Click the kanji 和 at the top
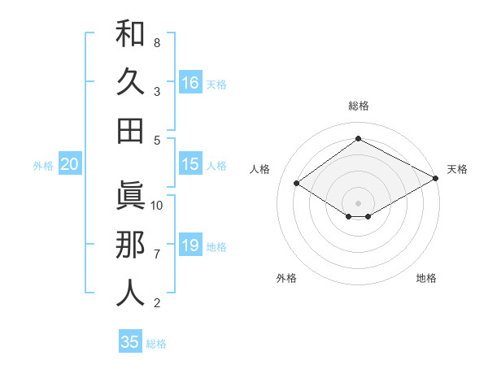pos(130,34)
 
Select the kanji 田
pos(130,130)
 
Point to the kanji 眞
pos(130,196)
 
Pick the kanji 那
pos(130,245)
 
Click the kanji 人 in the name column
pos(130,293)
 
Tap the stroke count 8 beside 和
pos(157,42)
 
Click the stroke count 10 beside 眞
pos(157,205)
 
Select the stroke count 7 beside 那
pos(157,254)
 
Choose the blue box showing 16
pos(190,83)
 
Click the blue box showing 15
pos(190,164)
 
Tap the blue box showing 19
pos(190,245)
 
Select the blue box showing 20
pos(70,165)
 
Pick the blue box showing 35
pos(130,342)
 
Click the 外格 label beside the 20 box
pos(43,166)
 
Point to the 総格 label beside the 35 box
pos(156,344)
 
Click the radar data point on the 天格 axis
pos(436,178)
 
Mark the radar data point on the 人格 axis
pos(297,184)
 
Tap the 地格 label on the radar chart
pos(426,278)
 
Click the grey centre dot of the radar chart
pos(358,202)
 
